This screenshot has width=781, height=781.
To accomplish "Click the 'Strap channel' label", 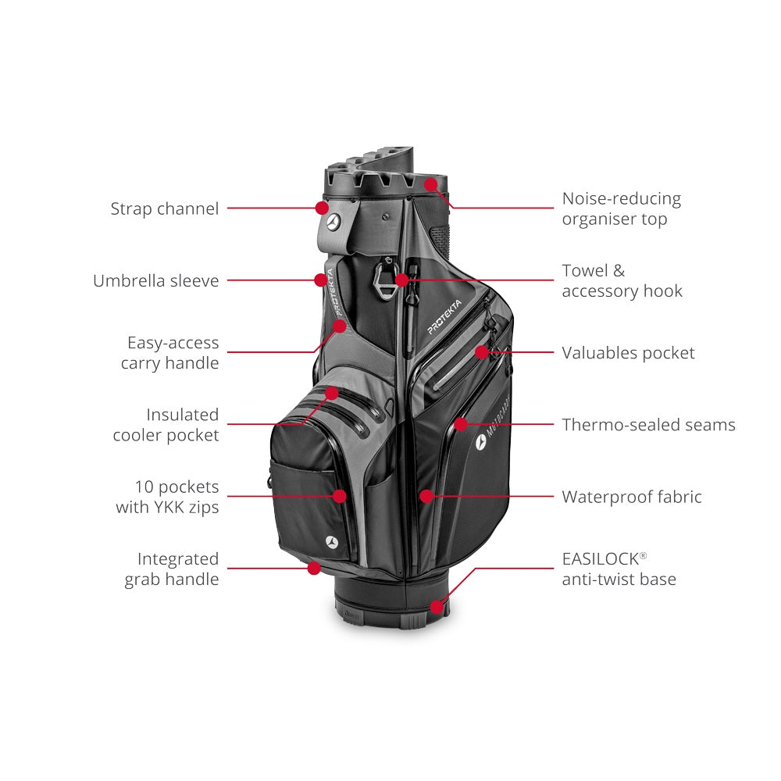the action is (164, 209).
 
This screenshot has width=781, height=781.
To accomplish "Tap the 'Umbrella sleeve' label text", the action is (156, 281).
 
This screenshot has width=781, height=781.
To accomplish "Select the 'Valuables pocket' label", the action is (628, 353).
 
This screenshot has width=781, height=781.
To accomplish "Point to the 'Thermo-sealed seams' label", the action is (648, 425).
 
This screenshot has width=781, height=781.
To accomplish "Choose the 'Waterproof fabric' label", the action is (632, 497).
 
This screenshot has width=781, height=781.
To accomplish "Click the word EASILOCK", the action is (601, 559).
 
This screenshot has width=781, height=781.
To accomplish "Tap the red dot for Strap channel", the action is (323, 208).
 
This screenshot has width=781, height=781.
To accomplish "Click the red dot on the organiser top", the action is (431, 185).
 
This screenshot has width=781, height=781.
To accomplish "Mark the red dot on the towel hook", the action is (402, 280).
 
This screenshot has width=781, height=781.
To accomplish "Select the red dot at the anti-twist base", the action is (437, 607).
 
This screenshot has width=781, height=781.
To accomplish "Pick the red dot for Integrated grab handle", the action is (314, 568).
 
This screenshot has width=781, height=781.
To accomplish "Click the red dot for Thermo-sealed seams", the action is (461, 424).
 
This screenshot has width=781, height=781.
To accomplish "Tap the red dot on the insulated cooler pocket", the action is (332, 394).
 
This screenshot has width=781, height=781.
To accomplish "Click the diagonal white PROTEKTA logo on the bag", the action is (445, 317).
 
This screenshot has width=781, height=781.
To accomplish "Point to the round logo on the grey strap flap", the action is (333, 222).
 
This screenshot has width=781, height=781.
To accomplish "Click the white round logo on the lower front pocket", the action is (332, 542).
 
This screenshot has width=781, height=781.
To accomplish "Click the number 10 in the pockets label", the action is (144, 487).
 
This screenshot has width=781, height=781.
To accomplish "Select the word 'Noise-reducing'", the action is (622, 198).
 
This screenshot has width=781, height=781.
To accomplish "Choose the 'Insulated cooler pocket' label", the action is (166, 425).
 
